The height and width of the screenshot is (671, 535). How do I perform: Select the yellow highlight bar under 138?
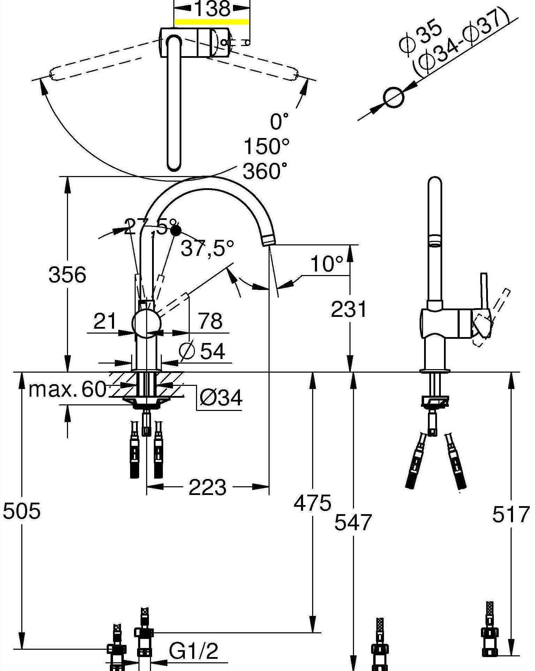[x=211, y=22]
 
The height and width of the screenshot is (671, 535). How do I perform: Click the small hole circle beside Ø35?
[x=394, y=97]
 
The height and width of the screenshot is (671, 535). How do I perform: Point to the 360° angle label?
[x=266, y=171]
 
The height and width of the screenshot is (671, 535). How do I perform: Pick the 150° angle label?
[x=266, y=146]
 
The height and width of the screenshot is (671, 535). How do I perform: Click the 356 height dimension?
[x=67, y=275]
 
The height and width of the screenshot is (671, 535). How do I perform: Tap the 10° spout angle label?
[x=327, y=264]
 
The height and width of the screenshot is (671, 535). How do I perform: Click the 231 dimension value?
[x=349, y=309]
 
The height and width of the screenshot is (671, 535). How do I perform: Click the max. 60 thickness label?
[x=67, y=389]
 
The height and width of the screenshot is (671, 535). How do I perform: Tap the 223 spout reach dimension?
[x=208, y=487]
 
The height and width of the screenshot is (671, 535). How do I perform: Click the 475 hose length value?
[x=312, y=503]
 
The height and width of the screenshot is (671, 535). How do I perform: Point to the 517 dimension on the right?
[x=511, y=514]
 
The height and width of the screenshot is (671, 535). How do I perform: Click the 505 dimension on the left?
[x=22, y=511]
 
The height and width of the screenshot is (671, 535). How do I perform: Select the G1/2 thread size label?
[x=194, y=650]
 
